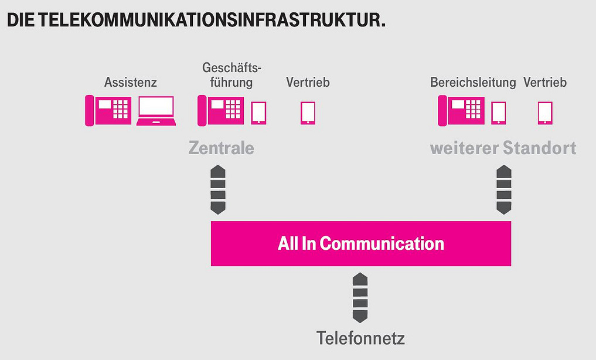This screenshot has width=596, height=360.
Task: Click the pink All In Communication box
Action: point(361,243)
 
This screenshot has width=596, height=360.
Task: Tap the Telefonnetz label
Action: point(360,338)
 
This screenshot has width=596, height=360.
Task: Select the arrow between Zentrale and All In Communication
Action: point(218,190)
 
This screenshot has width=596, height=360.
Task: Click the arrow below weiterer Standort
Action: point(503,190)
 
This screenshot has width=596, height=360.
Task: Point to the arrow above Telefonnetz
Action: point(360,298)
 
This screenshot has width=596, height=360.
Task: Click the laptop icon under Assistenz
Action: point(156,111)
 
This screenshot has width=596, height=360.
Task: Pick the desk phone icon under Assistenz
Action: point(108,111)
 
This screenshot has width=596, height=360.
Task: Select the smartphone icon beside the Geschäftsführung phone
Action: point(258,113)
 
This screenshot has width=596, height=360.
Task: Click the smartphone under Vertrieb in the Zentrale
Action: point(308,113)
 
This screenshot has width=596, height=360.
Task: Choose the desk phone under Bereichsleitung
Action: point(461,111)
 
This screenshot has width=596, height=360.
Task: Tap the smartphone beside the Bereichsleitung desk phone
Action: point(499,113)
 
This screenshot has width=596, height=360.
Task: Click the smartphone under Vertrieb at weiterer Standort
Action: point(545,113)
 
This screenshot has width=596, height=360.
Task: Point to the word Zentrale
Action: point(221,148)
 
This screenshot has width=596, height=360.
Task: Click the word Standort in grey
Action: point(540,148)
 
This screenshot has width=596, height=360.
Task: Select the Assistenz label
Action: point(130,82)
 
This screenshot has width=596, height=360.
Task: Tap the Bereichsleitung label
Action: point(473,82)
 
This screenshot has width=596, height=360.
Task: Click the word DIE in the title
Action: point(21,20)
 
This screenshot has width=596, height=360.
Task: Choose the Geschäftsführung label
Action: point(231,75)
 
